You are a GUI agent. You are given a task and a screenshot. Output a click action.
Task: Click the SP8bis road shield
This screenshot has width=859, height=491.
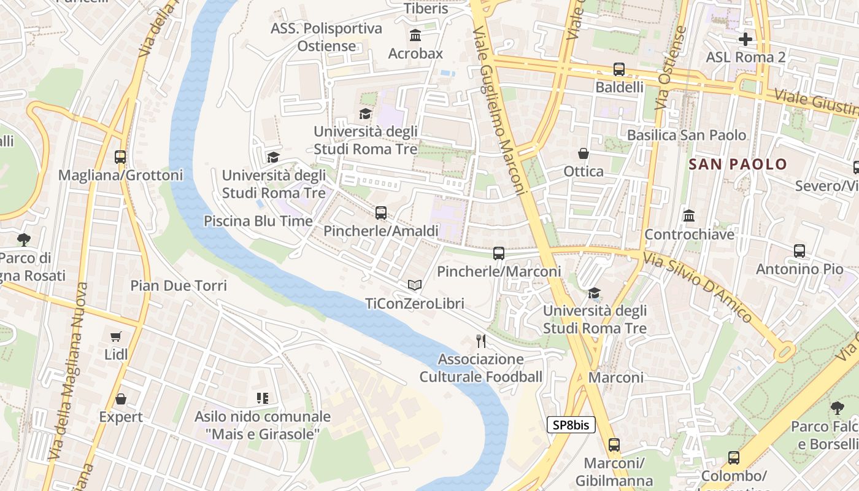pos(571,425)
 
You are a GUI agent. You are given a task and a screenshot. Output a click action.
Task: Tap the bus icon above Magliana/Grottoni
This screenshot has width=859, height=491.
pos(120,157)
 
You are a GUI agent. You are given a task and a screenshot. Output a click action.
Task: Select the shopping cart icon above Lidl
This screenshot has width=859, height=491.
pos(116,336)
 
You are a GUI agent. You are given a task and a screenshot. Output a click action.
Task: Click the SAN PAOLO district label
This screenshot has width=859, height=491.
pos(738,164)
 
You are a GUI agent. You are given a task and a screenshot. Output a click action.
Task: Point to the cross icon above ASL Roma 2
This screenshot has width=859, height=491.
pos(745,39)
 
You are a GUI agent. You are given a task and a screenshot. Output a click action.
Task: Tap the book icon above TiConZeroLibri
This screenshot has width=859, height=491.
pos(415,285)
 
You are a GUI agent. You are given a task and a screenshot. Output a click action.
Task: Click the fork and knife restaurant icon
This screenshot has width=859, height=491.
pos(481,341)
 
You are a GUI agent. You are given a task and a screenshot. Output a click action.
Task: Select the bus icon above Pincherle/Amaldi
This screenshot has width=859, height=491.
pos(381,213)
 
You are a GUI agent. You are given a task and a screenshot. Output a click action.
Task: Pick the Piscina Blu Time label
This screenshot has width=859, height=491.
pos(258,221)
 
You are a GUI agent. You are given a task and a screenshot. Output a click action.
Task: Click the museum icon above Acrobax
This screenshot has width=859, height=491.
pos(415,36)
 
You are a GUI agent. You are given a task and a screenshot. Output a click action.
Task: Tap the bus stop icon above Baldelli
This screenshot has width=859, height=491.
pos(619,69)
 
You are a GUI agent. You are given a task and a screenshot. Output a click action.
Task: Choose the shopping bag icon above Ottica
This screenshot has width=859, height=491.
pos(584,153)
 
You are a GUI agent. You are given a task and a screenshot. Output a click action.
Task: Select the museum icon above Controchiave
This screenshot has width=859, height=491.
pos(689,216)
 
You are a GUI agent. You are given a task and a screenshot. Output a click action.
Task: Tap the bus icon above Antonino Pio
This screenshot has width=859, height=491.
pos(799,251)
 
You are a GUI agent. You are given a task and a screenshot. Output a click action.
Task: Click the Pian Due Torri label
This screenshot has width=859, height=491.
pos(179,285)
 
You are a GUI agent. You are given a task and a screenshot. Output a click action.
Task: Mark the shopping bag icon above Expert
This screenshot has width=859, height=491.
pos(121,399)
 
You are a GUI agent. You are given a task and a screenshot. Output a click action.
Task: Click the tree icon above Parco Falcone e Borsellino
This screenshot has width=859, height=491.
pos(836,408)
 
